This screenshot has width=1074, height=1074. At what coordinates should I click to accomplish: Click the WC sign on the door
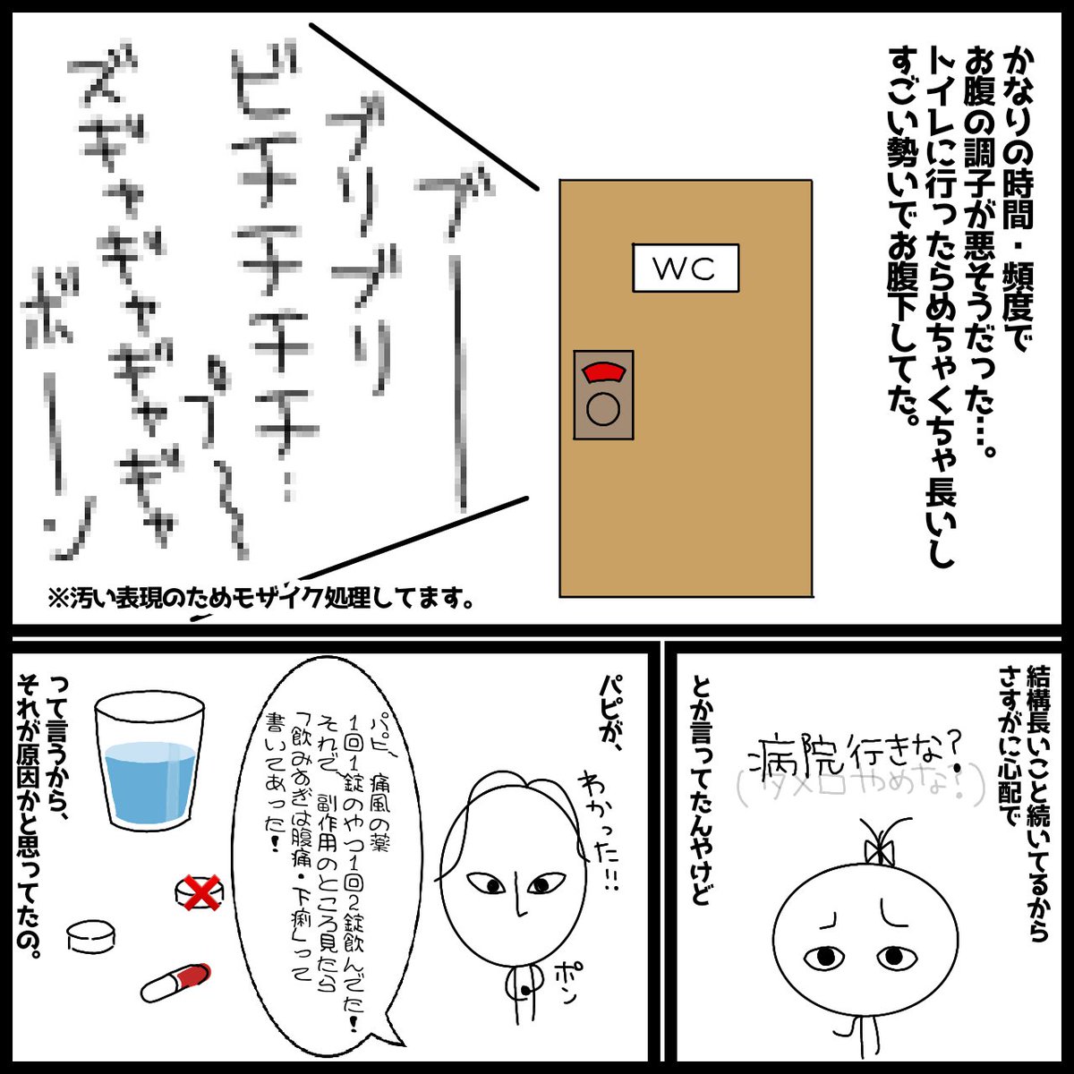pos(686,268)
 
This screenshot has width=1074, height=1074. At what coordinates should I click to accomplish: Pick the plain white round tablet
pos(91,936)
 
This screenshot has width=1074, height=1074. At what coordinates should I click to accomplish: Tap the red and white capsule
pos(175,982)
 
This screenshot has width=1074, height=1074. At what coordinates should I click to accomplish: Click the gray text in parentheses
pos(861,786)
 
